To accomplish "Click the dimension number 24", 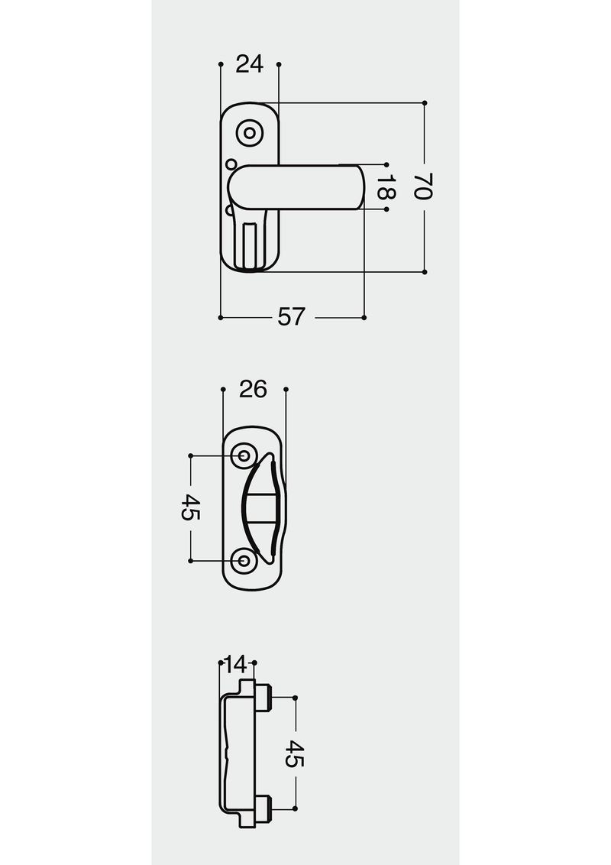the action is [249, 64].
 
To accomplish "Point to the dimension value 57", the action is [291, 317].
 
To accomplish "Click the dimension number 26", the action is [254, 389].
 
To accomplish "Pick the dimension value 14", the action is [237, 663].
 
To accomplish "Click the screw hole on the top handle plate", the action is [250, 133].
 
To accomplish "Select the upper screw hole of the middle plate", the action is [243, 456].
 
